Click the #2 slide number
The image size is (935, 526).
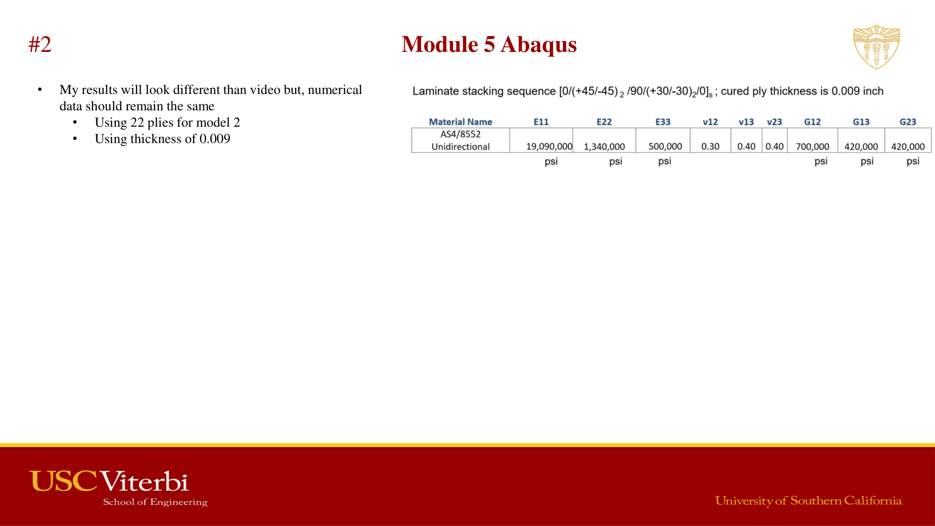[40, 45]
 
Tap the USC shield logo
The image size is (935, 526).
[876, 47]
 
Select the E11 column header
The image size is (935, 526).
[541, 122]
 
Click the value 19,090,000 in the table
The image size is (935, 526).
[549, 146]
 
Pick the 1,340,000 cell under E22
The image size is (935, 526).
[604, 146]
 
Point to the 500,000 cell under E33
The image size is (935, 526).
[665, 146]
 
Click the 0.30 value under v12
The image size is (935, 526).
[710, 146]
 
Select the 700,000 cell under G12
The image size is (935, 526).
[812, 146]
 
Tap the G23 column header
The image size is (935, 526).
[907, 122]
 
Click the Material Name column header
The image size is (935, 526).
[460, 122]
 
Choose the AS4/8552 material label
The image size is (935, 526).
[460, 134]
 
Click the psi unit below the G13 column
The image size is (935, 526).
[867, 161]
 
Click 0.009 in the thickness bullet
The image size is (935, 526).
[215, 139]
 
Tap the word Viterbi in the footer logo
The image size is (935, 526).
[144, 481]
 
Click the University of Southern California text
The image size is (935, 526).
[808, 501]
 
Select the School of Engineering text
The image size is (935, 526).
[155, 502]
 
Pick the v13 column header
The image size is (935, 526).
[746, 122]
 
